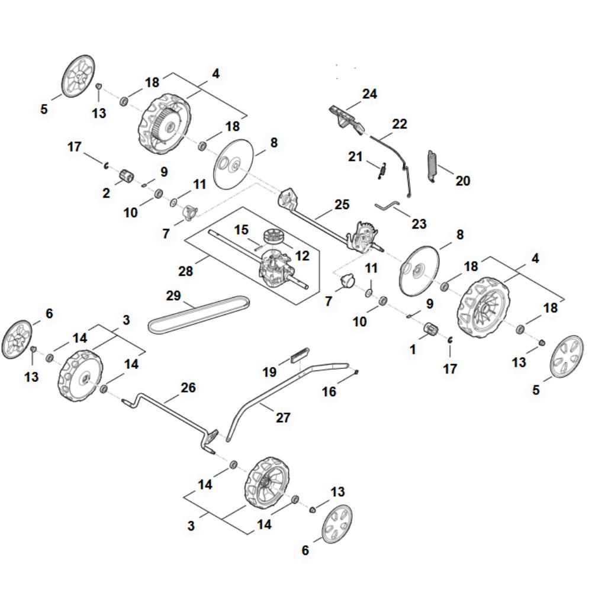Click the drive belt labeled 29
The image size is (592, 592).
[x=195, y=314]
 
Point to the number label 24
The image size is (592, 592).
[x=369, y=94]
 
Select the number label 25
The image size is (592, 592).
[x=342, y=204]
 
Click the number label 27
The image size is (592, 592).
[x=284, y=417]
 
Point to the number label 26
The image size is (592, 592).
[x=188, y=388]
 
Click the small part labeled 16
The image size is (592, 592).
[x=356, y=372]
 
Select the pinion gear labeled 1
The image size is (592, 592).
[x=431, y=329]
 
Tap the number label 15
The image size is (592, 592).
[x=240, y=229]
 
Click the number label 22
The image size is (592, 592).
[x=400, y=124]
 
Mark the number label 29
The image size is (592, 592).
[x=173, y=295]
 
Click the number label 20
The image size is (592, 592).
[x=462, y=181]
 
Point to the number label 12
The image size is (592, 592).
[x=302, y=255]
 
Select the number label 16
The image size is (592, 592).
[x=329, y=392]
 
